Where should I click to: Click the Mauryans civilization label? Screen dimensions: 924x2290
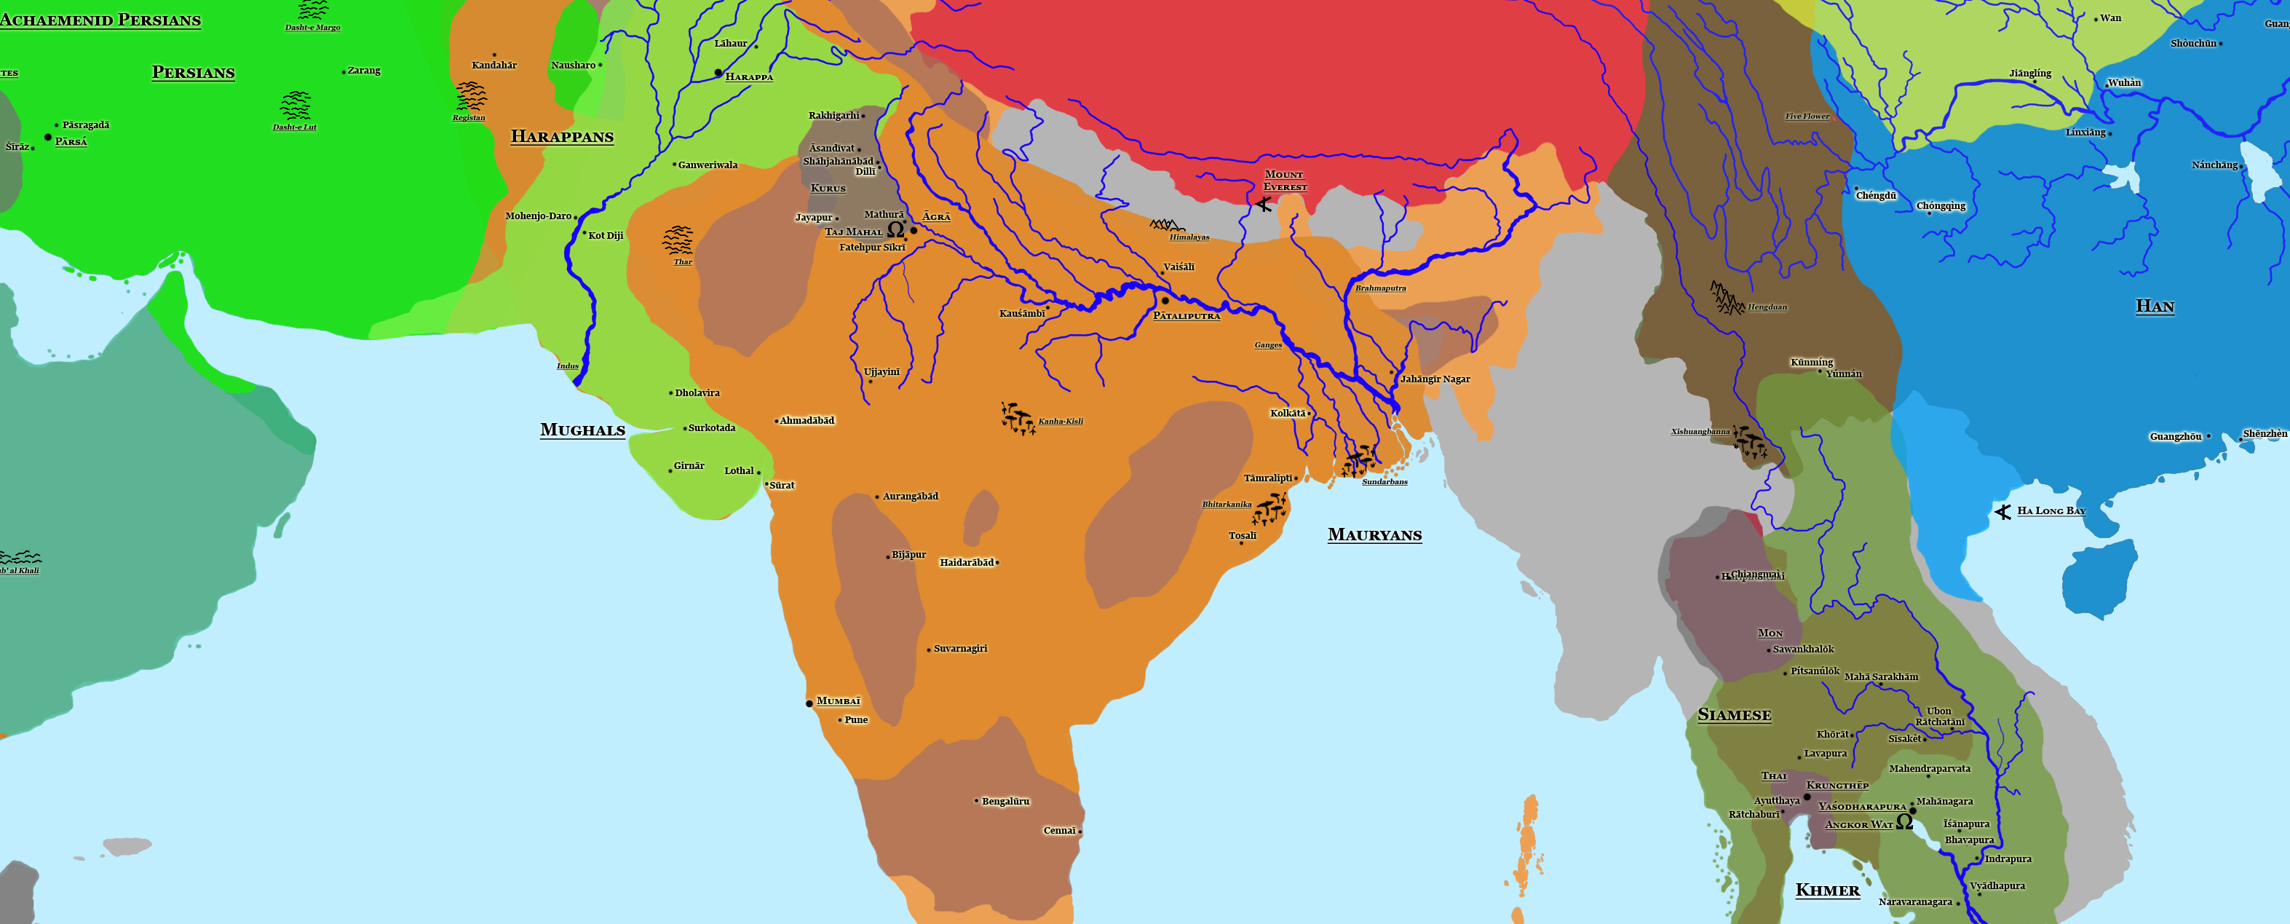(1374, 534)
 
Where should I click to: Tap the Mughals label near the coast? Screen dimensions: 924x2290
(582, 430)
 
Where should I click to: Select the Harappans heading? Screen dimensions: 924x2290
(562, 137)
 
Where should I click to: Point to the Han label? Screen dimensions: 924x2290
(2155, 307)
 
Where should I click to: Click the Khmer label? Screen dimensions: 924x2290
(1827, 891)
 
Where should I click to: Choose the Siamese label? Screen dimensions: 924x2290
(1733, 715)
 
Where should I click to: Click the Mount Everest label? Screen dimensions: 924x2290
(1285, 181)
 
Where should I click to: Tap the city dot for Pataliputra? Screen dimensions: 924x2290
(1165, 301)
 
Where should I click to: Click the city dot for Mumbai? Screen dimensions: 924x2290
(809, 703)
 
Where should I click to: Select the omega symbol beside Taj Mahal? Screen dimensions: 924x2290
(896, 229)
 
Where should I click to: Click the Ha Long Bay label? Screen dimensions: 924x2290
(2051, 510)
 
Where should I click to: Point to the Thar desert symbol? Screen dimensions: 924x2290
(678, 240)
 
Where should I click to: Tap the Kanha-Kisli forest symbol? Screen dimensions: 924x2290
(1018, 418)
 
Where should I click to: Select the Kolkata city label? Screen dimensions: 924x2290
(1287, 414)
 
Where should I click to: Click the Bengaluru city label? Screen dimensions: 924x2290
(1005, 801)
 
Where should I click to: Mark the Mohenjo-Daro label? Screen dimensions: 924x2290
(538, 216)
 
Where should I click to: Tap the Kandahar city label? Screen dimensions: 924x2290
(494, 65)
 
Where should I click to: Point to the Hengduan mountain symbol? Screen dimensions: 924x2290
(1727, 298)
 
